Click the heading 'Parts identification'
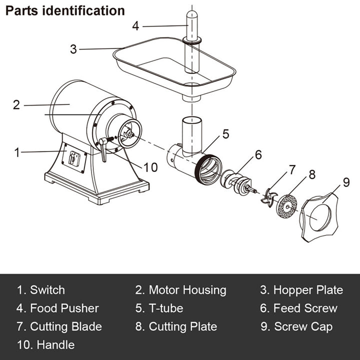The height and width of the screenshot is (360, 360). (x=65, y=10)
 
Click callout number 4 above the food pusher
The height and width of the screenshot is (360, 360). (x=135, y=25)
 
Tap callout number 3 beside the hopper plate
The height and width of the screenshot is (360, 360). (x=73, y=49)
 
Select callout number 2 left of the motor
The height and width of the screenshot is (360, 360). (x=16, y=105)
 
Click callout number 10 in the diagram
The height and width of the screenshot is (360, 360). (x=150, y=167)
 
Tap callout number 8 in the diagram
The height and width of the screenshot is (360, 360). (x=311, y=174)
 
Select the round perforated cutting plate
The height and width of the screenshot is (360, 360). (x=286, y=205)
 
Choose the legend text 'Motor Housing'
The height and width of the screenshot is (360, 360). (x=187, y=290)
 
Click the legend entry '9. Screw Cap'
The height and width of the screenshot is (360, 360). (x=299, y=326)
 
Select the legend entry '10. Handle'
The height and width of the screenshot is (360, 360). (x=45, y=344)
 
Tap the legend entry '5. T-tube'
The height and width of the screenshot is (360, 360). (x=159, y=308)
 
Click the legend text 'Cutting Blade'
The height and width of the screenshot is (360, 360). (x=66, y=326)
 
